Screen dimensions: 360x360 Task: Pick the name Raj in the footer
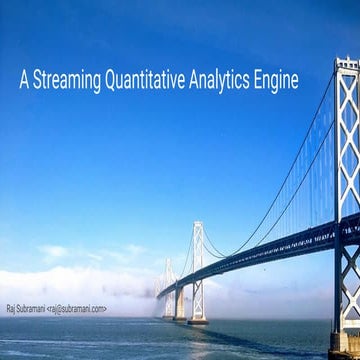[11, 309]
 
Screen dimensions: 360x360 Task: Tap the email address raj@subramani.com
[77, 309]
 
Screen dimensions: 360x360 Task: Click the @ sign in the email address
[62, 309]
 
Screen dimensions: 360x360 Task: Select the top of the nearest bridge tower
[346, 64]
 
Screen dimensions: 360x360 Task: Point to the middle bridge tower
[198, 275]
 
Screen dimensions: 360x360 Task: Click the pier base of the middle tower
[198, 319]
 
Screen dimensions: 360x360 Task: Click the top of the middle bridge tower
[198, 226]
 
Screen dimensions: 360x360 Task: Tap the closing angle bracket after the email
[104, 309]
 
